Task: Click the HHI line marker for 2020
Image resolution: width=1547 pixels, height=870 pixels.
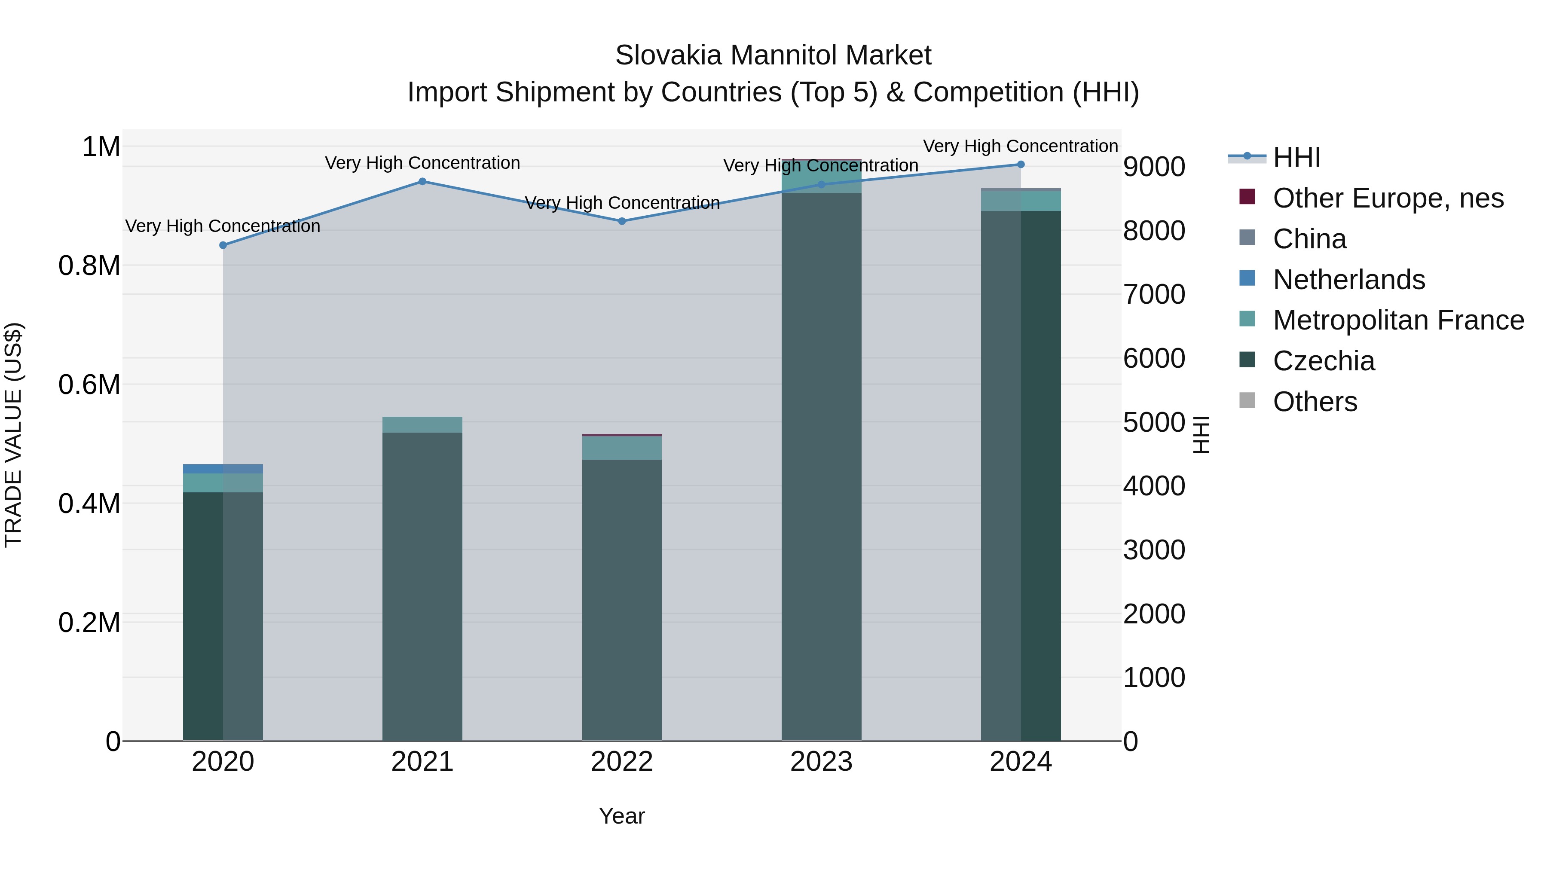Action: [223, 245]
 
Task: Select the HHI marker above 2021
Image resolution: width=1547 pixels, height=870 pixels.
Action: [422, 181]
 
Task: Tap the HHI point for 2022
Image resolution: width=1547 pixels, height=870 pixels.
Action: [621, 221]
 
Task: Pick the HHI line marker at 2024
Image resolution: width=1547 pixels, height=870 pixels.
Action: [1020, 165]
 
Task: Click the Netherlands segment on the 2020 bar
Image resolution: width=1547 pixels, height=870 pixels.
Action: [223, 469]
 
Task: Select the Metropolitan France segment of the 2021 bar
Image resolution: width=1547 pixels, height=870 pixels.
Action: [422, 424]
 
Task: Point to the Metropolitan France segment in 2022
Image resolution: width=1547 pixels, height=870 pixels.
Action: [621, 448]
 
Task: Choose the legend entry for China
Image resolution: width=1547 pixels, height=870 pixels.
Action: [1309, 239]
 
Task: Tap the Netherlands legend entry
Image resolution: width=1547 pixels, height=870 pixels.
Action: [1348, 280]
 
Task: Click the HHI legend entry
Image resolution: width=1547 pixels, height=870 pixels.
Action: [1296, 157]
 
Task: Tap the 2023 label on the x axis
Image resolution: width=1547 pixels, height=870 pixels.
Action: [821, 762]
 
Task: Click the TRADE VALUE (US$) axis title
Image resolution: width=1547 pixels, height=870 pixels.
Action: [13, 435]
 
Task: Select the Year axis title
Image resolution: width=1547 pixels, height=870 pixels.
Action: [621, 816]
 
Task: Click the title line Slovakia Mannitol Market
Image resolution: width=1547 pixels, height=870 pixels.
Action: [773, 55]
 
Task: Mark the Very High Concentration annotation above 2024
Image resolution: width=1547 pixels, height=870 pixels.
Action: [1020, 146]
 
